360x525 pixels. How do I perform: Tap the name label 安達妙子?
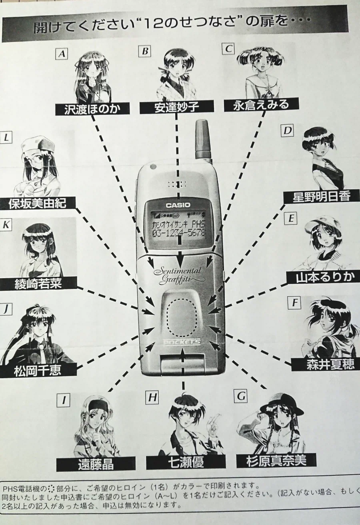(176, 107)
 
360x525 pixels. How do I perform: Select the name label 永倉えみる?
(261, 104)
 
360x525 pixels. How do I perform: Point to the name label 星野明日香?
(322, 197)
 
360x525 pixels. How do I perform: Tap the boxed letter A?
(62, 54)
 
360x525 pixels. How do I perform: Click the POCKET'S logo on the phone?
(182, 342)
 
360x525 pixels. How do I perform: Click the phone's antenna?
(203, 140)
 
